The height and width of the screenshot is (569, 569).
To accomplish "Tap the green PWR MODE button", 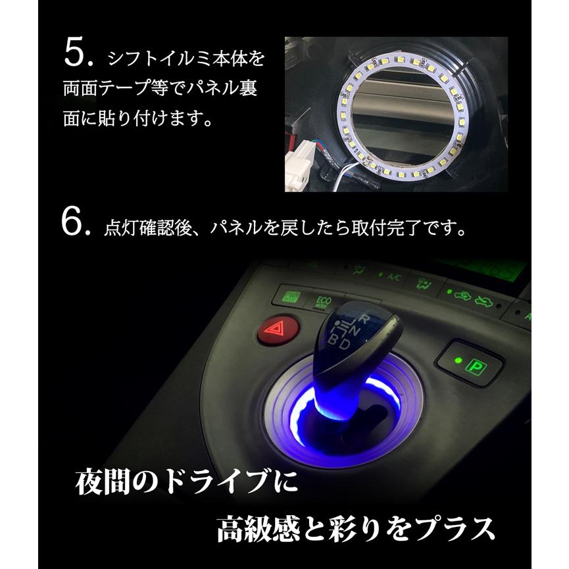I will click(290, 295).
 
